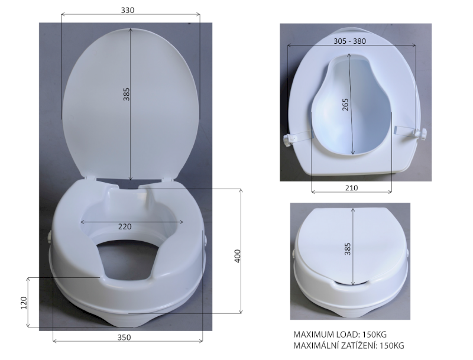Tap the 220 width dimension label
[x=125, y=226]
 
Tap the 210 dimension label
[x=351, y=187]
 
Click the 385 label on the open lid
[x=126, y=94]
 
